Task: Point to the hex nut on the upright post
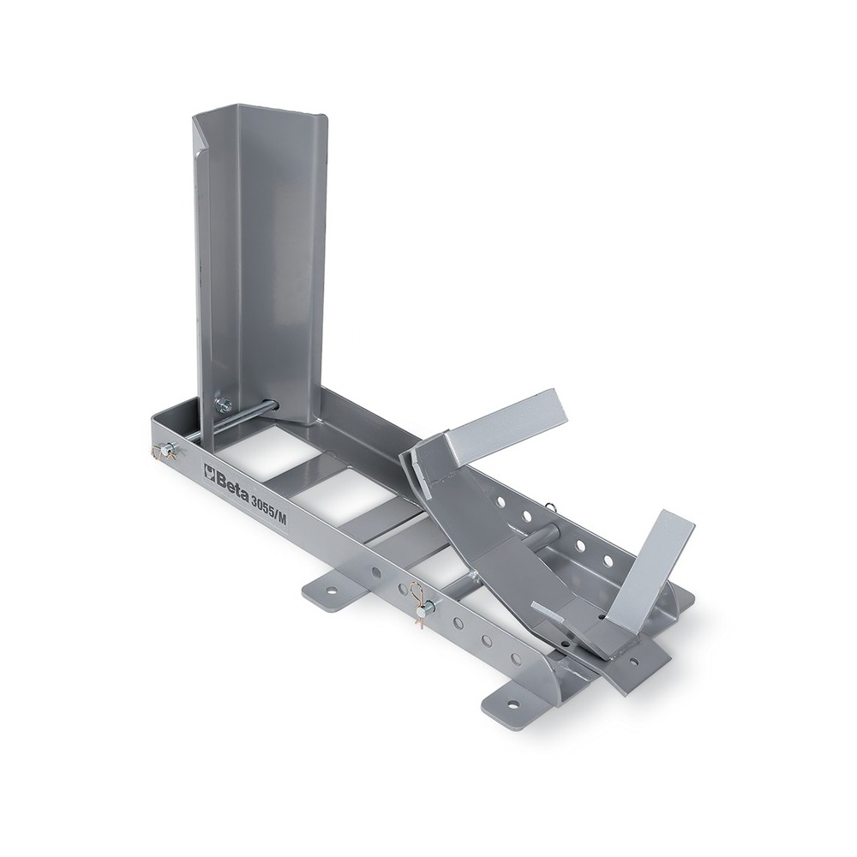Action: (x=224, y=405)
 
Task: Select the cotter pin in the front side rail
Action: (x=422, y=602)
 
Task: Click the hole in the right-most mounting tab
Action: (x=633, y=661)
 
